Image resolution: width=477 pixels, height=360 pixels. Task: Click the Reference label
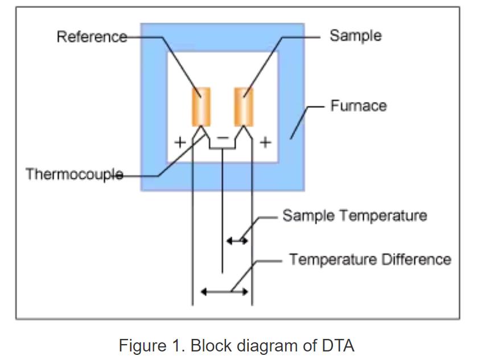(x=92, y=37)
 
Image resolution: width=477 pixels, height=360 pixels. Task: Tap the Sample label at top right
(x=355, y=35)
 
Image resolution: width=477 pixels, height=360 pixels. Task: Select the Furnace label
(x=358, y=106)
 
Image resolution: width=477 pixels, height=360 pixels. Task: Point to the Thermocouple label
(x=74, y=174)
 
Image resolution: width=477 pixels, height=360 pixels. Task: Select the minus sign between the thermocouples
(x=223, y=138)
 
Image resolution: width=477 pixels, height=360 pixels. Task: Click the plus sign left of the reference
(x=180, y=142)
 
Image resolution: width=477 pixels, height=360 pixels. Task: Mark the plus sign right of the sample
(x=265, y=142)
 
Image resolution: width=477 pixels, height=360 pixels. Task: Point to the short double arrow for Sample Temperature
(x=237, y=241)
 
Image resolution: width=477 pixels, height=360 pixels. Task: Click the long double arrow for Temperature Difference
(x=225, y=292)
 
